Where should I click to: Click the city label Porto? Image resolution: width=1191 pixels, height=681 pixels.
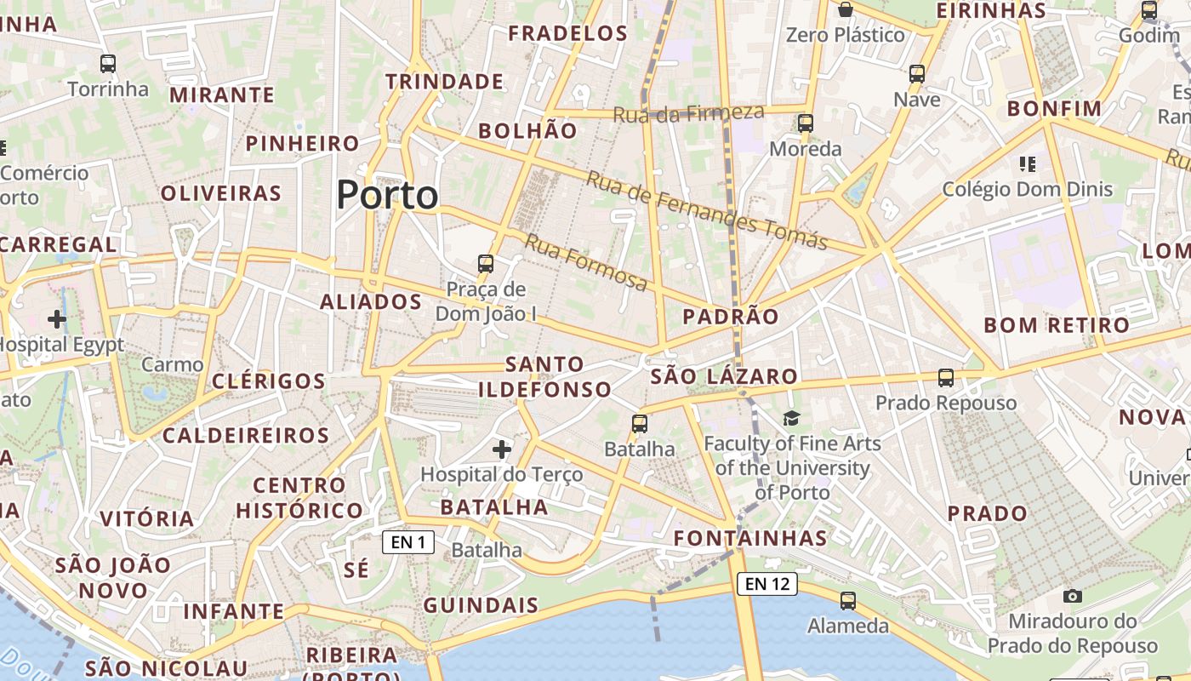[x=387, y=195]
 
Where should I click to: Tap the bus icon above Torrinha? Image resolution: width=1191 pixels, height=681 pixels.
[x=108, y=63]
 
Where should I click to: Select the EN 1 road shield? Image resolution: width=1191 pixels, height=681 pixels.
[x=408, y=542]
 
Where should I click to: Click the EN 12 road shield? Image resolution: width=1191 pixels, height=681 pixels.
[x=767, y=583]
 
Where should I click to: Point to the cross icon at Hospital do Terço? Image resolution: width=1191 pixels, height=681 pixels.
[x=502, y=449]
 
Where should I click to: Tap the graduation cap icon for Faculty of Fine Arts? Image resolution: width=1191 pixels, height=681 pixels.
[x=792, y=418]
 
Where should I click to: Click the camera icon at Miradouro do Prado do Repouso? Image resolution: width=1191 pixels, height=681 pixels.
[x=1073, y=596]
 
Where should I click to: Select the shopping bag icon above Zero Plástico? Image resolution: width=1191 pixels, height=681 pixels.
[x=846, y=9]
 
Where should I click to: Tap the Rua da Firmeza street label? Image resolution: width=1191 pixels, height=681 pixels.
[x=688, y=112]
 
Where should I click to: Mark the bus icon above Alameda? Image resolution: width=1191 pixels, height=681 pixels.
[x=848, y=600]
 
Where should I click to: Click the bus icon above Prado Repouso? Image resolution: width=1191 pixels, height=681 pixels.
[x=946, y=377]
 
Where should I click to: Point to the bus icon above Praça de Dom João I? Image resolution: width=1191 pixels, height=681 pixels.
[x=486, y=263]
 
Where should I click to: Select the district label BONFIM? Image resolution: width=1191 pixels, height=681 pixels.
[x=1054, y=109]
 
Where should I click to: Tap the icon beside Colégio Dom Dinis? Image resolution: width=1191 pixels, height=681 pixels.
[x=1027, y=163]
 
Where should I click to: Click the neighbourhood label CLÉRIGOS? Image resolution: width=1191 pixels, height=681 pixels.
[x=269, y=381]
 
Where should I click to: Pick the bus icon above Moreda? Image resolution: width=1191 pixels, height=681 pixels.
[x=806, y=123]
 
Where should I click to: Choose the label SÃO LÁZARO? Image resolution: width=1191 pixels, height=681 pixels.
[x=724, y=376]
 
